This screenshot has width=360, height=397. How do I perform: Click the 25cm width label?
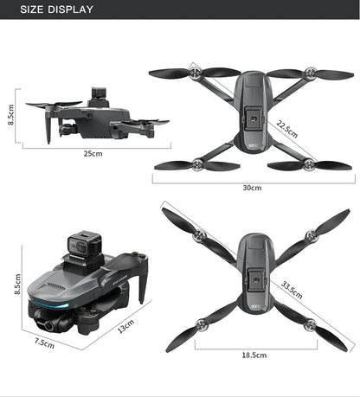point(93,153)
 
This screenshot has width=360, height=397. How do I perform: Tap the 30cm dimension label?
point(252,188)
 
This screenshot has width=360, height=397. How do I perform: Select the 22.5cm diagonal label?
point(287,128)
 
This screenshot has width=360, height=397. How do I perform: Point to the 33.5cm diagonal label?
point(292,291)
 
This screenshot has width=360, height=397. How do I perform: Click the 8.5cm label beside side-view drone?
point(11,114)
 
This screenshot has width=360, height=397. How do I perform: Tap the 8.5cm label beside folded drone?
point(18,283)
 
